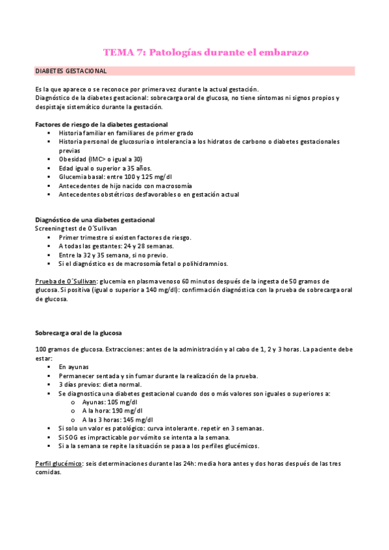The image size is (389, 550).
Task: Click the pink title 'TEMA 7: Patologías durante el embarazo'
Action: (x=206, y=52)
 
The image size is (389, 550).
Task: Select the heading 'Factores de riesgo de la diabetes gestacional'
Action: (x=101, y=124)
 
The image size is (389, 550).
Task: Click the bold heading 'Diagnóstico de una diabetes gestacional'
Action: (x=94, y=221)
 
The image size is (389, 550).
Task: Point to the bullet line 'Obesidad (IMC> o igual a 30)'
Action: (x=101, y=159)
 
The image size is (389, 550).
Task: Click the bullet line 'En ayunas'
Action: (x=73, y=367)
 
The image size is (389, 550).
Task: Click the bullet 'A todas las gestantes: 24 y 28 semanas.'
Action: (x=116, y=246)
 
